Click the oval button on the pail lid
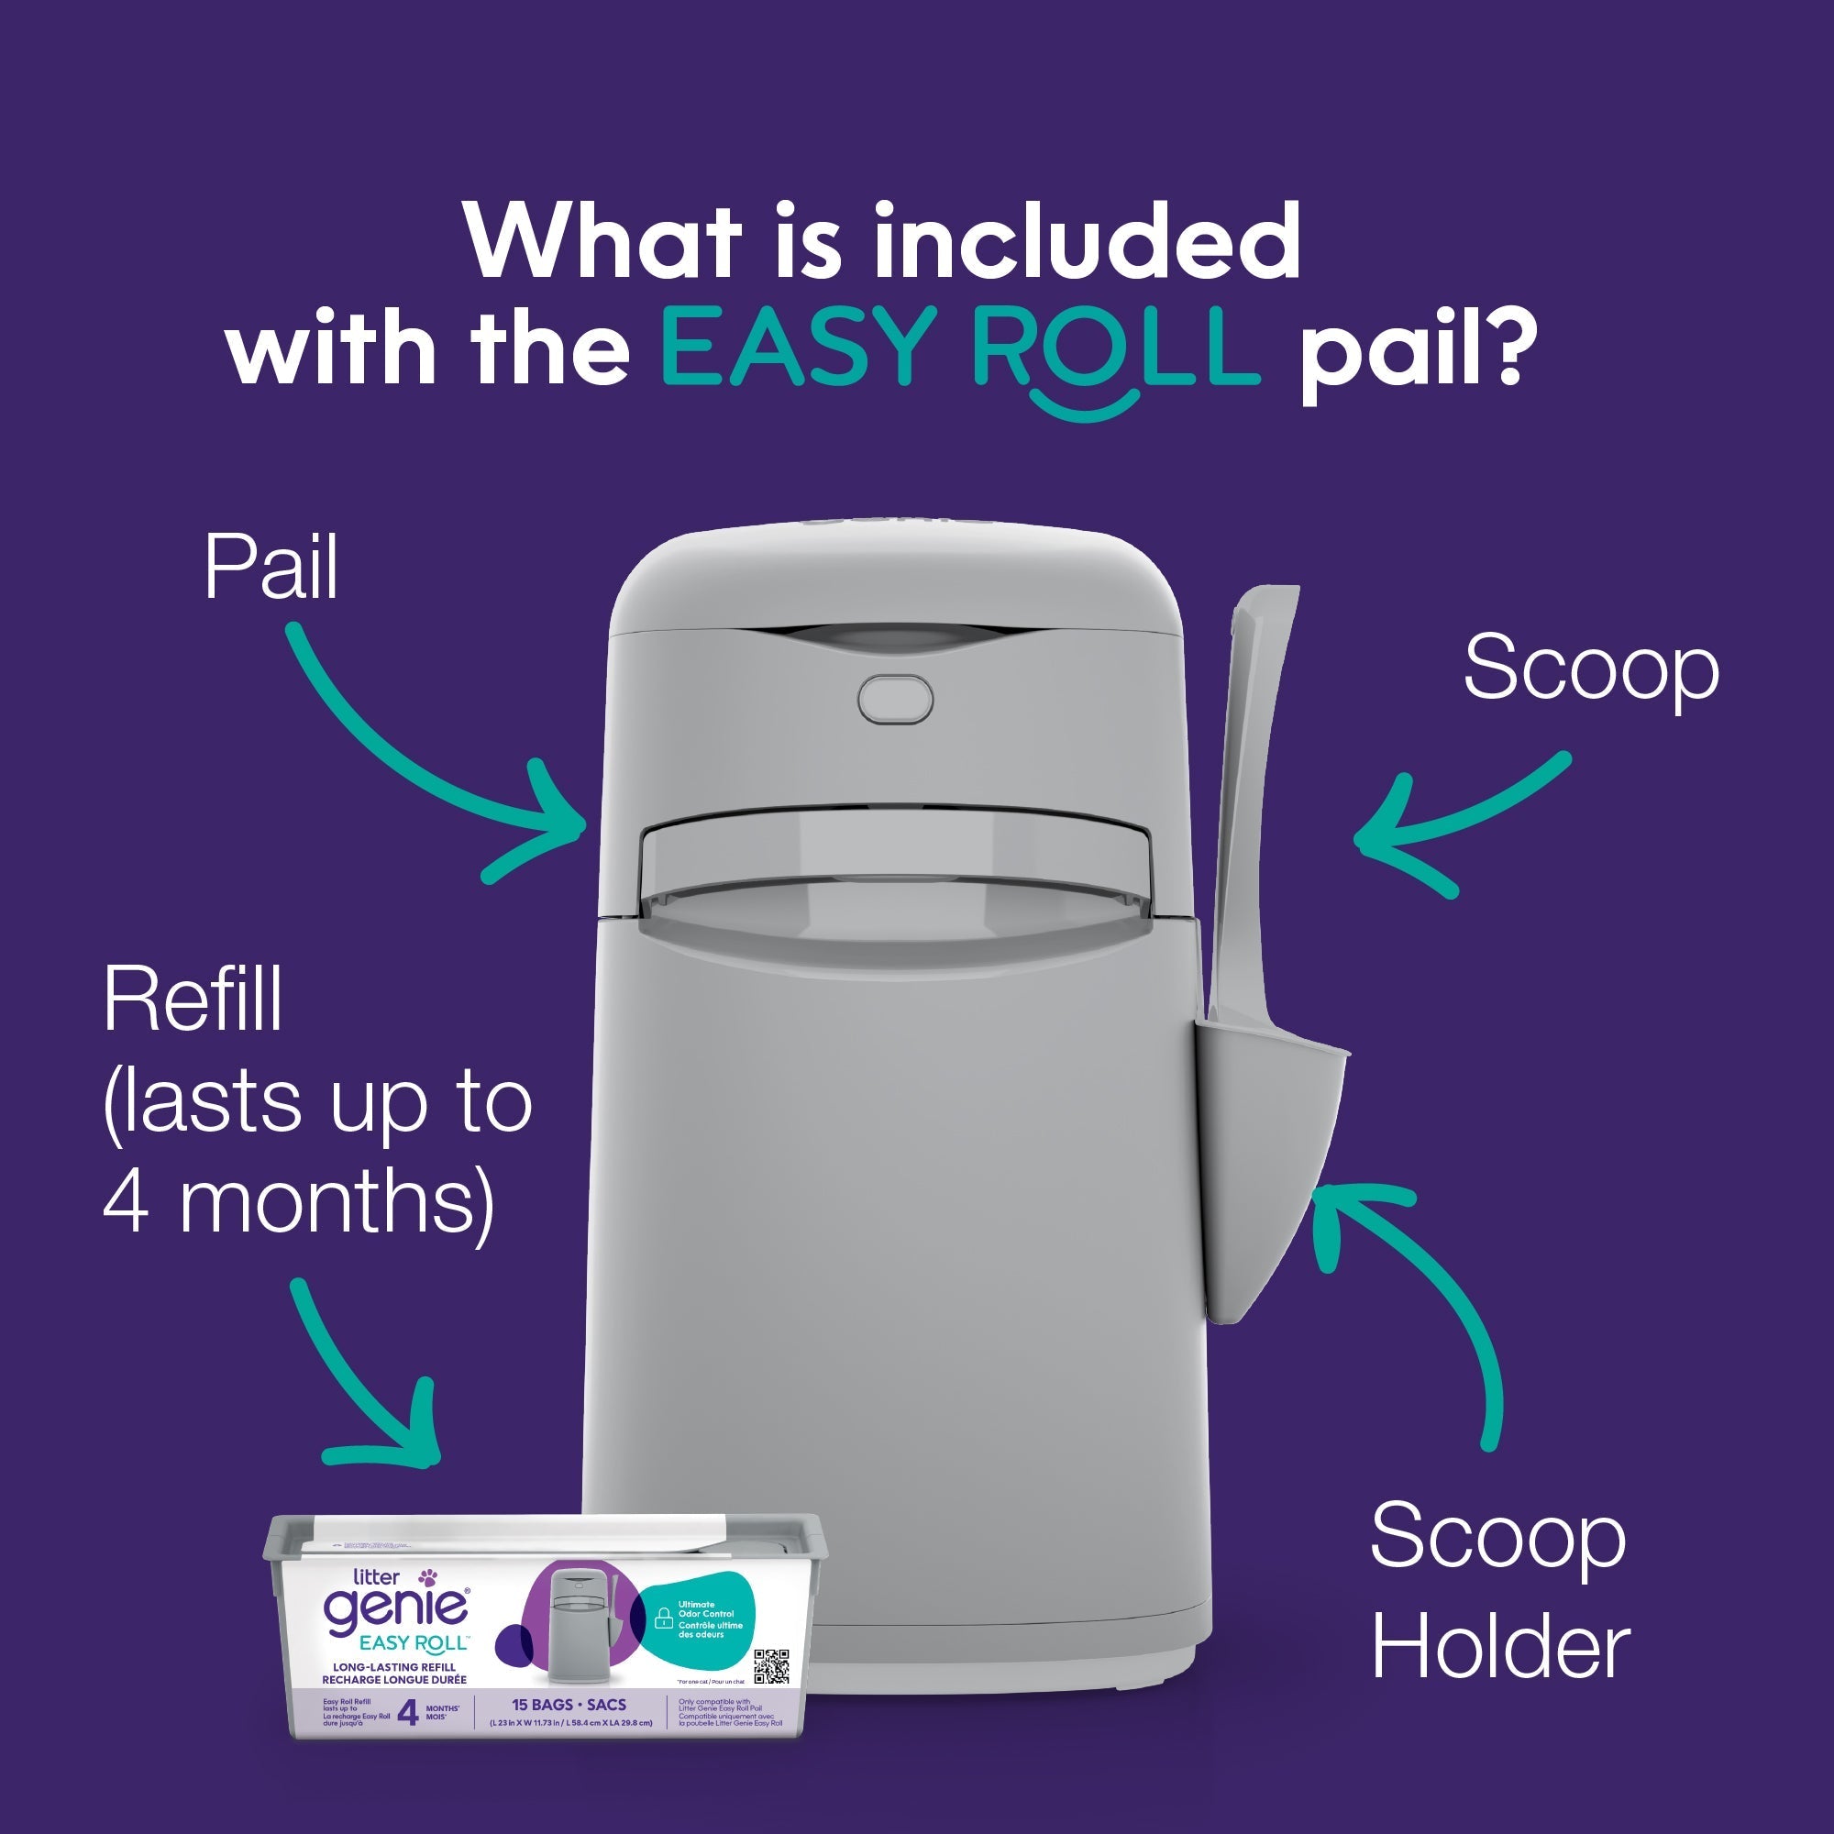(894, 699)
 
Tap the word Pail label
(271, 569)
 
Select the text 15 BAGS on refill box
(544, 1705)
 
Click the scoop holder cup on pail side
(1272, 1158)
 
